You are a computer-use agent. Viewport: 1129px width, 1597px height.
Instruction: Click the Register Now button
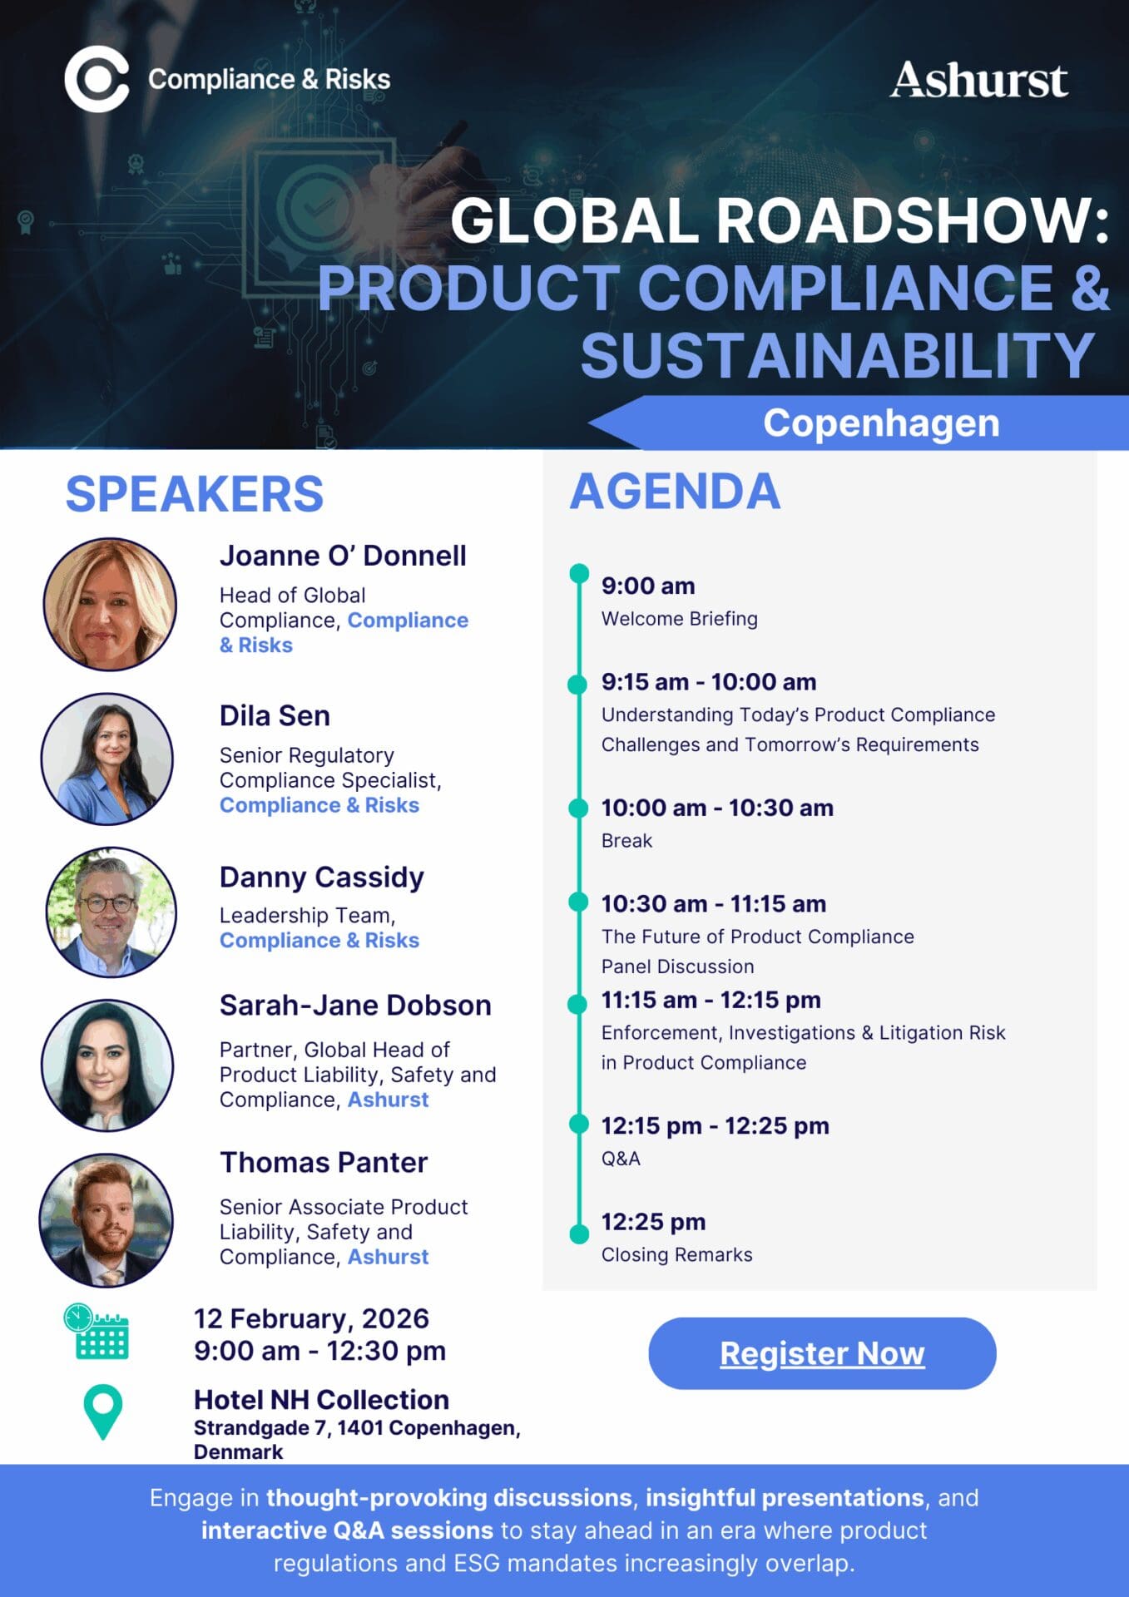coord(822,1353)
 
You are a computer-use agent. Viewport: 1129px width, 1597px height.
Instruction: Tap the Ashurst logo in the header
coord(978,80)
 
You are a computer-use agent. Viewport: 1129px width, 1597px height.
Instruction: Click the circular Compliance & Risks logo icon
coord(97,80)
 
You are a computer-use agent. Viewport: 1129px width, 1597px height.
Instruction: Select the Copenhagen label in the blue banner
coord(881,423)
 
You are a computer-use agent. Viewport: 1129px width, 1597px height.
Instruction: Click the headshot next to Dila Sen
coord(107,759)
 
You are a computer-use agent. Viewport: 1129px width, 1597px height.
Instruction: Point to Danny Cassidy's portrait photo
coord(111,912)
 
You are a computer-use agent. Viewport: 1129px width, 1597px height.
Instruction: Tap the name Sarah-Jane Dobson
coord(355,1005)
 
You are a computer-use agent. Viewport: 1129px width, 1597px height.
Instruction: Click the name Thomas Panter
coord(324,1162)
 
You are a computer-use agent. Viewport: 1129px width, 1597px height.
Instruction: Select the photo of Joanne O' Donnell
coord(110,604)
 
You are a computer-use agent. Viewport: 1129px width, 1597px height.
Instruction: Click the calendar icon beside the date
coord(97,1332)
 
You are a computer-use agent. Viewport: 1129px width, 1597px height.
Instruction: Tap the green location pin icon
coord(103,1412)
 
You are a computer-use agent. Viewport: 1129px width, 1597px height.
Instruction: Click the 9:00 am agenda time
coord(648,586)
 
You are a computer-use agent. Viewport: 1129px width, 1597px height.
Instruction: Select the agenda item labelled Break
coord(626,841)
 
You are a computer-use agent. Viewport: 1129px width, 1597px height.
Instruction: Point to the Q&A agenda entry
coord(621,1159)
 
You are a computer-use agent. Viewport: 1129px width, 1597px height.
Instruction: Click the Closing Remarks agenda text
coord(676,1254)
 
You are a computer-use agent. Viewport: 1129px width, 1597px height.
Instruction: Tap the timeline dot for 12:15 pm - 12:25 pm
coord(579,1125)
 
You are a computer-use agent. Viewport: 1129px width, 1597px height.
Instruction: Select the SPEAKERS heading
coord(195,494)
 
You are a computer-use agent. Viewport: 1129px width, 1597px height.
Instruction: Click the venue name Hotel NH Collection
coord(321,1400)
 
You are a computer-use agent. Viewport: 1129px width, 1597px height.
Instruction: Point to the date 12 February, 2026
coord(311,1318)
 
